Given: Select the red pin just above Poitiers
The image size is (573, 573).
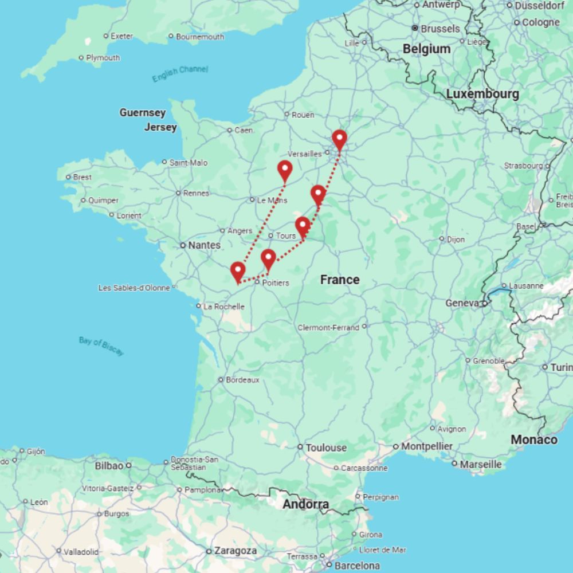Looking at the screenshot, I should click(x=268, y=259).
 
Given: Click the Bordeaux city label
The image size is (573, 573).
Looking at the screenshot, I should click(x=242, y=380).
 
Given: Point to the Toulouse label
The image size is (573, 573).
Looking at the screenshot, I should click(x=326, y=448).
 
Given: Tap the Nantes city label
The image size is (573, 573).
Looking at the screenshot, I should click(x=203, y=245).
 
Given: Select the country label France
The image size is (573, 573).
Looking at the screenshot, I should click(x=340, y=280).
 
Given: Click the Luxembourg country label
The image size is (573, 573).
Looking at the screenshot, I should click(x=482, y=94).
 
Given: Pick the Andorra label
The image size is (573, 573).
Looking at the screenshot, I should click(x=306, y=505).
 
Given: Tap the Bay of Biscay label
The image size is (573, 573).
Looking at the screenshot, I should click(x=101, y=346).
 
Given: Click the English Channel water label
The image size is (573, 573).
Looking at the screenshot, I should click(x=180, y=73).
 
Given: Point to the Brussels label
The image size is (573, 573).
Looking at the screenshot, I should click(x=440, y=29).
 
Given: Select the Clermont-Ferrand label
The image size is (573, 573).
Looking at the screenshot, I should click(x=328, y=328).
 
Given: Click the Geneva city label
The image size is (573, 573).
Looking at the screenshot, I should click(x=461, y=303).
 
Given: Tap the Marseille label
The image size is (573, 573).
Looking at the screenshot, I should click(x=481, y=464).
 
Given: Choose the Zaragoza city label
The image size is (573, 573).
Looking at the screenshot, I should click(x=235, y=551).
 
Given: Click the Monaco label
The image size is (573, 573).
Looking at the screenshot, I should click(x=534, y=439).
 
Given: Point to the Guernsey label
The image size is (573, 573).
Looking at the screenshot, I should click(x=143, y=112).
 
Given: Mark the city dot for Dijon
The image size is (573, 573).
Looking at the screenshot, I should click(x=442, y=238).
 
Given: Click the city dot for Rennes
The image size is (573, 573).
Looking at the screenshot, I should click(x=178, y=193).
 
